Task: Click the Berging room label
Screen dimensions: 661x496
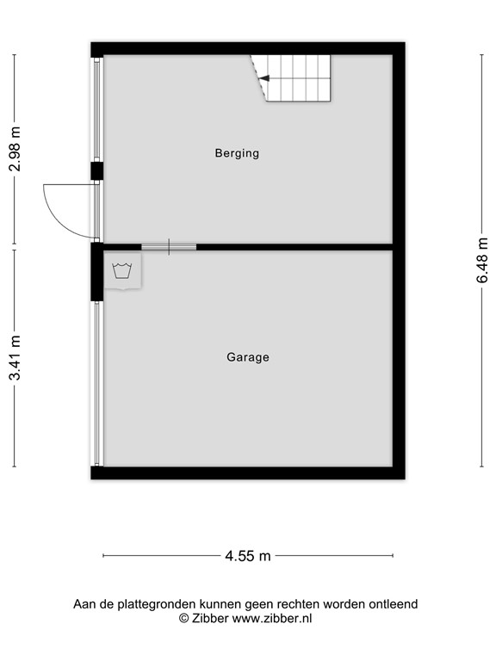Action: (237, 154)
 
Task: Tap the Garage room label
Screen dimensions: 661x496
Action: (248, 357)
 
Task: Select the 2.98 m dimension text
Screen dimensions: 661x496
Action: (15, 149)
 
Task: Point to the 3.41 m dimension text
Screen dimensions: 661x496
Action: (15, 358)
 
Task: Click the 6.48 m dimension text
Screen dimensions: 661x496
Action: (483, 260)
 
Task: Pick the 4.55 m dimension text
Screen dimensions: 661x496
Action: (248, 556)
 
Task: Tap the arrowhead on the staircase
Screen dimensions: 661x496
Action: (264, 78)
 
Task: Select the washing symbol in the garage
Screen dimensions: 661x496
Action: (121, 271)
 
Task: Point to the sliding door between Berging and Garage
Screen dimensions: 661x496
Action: (169, 247)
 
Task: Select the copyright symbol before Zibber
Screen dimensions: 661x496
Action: (183, 618)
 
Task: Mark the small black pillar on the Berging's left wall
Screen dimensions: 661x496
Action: (97, 170)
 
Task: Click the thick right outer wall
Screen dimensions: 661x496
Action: (399, 258)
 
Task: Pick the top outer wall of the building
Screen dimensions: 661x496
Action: (248, 48)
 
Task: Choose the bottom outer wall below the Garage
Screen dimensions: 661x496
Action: (248, 473)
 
